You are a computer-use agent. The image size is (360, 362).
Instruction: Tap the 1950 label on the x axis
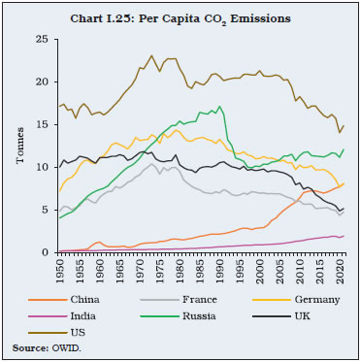(60, 271)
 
